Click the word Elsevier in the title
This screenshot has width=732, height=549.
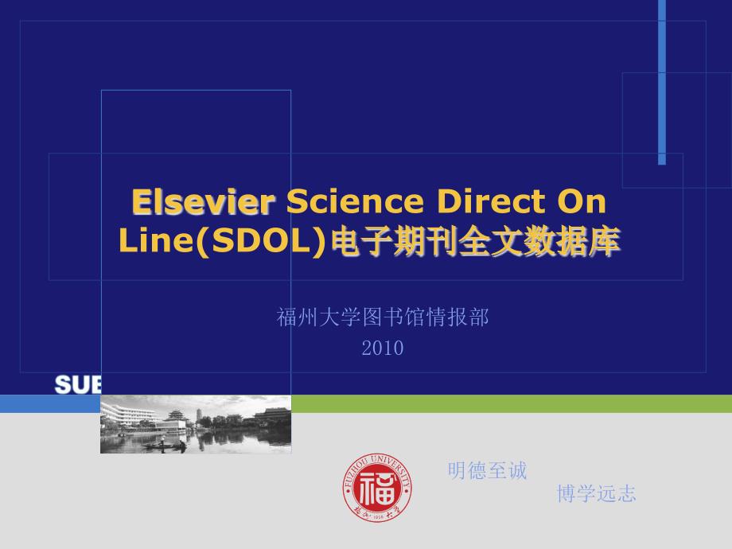tap(203, 203)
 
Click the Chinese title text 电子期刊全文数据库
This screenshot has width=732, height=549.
tap(474, 243)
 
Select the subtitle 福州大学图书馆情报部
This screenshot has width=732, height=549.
tap(383, 318)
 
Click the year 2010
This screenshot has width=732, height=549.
tap(383, 348)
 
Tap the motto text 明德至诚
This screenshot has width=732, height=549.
tap(488, 472)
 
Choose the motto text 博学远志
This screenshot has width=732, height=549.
tap(597, 494)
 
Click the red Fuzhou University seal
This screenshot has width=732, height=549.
tap(378, 487)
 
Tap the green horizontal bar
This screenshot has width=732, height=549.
tap(509, 403)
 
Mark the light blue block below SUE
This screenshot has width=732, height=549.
tap(49, 403)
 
